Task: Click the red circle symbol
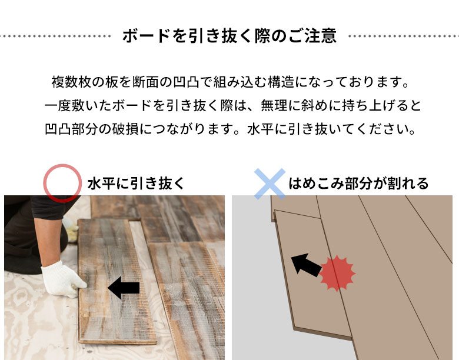(44, 183)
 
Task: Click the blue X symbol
(270, 184)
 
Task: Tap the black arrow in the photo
(124, 288)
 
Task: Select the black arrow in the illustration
(306, 264)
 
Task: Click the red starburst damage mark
(337, 274)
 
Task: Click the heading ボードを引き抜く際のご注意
(229, 36)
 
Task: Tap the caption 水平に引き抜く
(136, 184)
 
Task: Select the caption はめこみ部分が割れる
(358, 184)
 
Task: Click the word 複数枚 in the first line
(71, 82)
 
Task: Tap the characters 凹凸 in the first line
(186, 82)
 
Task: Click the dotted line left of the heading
(55, 36)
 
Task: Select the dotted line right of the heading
(404, 36)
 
